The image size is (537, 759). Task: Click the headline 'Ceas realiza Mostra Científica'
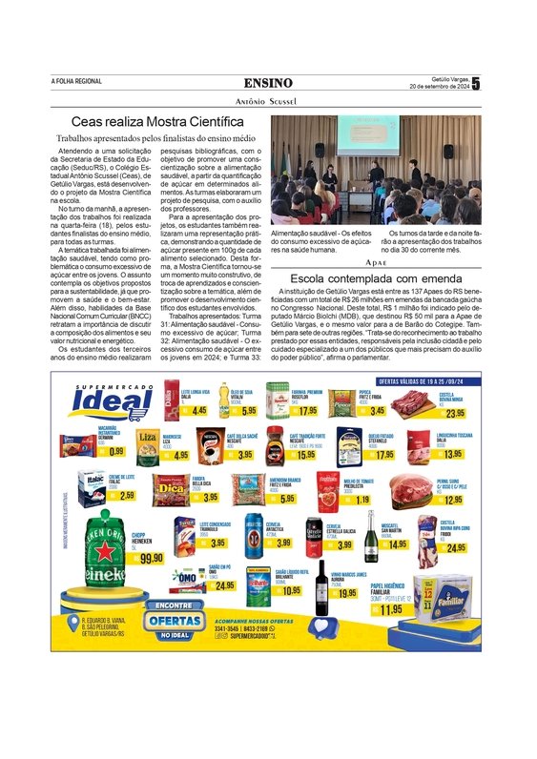pyautogui.click(x=158, y=122)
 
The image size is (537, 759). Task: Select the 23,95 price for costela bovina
pyautogui.click(x=454, y=412)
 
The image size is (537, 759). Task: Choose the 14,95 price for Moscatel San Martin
pyautogui.click(x=397, y=544)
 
